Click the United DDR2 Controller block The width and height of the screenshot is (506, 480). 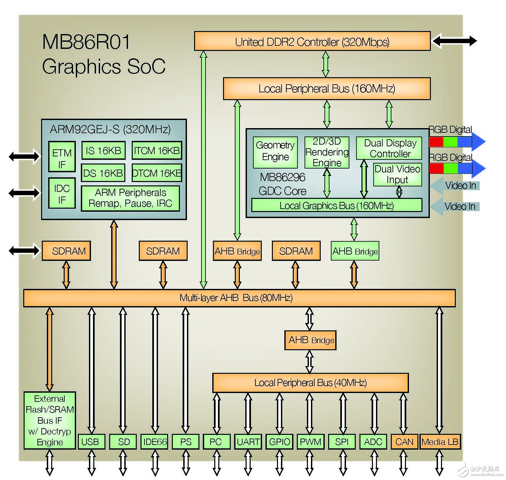[312, 41]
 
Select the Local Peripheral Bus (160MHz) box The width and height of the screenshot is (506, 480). [326, 89]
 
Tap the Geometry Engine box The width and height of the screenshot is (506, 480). [275, 152]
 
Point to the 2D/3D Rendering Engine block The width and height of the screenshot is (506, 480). [326, 152]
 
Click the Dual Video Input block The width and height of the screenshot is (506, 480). [398, 174]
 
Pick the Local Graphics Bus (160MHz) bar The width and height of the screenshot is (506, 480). [336, 205]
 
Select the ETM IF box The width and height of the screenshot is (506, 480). [62, 158]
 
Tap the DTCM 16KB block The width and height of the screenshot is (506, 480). [157, 173]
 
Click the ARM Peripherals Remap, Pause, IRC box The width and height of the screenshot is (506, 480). [130, 198]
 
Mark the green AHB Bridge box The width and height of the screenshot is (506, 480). [355, 251]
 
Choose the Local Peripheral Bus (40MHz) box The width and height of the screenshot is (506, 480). [310, 383]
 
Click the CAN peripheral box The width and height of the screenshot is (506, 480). [404, 442]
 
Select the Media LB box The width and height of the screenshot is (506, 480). [440, 442]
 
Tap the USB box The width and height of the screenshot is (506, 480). [91, 442]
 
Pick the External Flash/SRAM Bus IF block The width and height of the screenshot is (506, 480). [50, 420]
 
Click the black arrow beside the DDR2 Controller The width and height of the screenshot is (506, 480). [454, 41]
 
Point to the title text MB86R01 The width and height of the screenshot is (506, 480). [86, 42]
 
